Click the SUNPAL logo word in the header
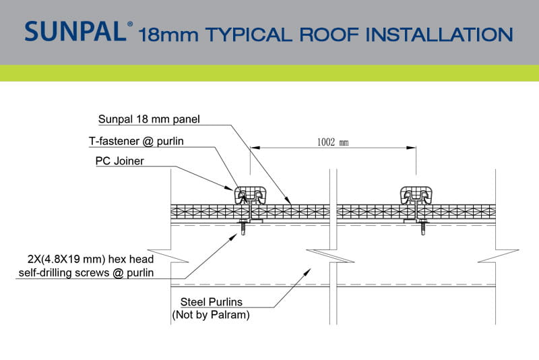click(x=75, y=31)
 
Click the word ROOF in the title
click(x=329, y=34)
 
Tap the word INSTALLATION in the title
click(x=439, y=34)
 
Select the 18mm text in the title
click(x=168, y=35)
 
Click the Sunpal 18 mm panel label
click(x=149, y=119)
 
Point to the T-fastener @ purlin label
click(x=136, y=141)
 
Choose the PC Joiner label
click(x=120, y=161)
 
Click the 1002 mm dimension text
click(x=333, y=142)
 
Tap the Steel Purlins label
click(x=212, y=302)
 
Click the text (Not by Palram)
click(x=211, y=315)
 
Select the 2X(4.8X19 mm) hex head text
click(x=91, y=259)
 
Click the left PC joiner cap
click(x=250, y=196)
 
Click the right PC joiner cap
click(x=416, y=196)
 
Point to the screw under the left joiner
click(x=243, y=227)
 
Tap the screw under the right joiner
click(x=423, y=227)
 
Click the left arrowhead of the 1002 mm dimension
click(x=255, y=148)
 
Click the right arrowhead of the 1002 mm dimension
click(x=411, y=148)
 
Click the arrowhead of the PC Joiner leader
click(x=229, y=188)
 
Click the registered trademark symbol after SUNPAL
click(x=130, y=24)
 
